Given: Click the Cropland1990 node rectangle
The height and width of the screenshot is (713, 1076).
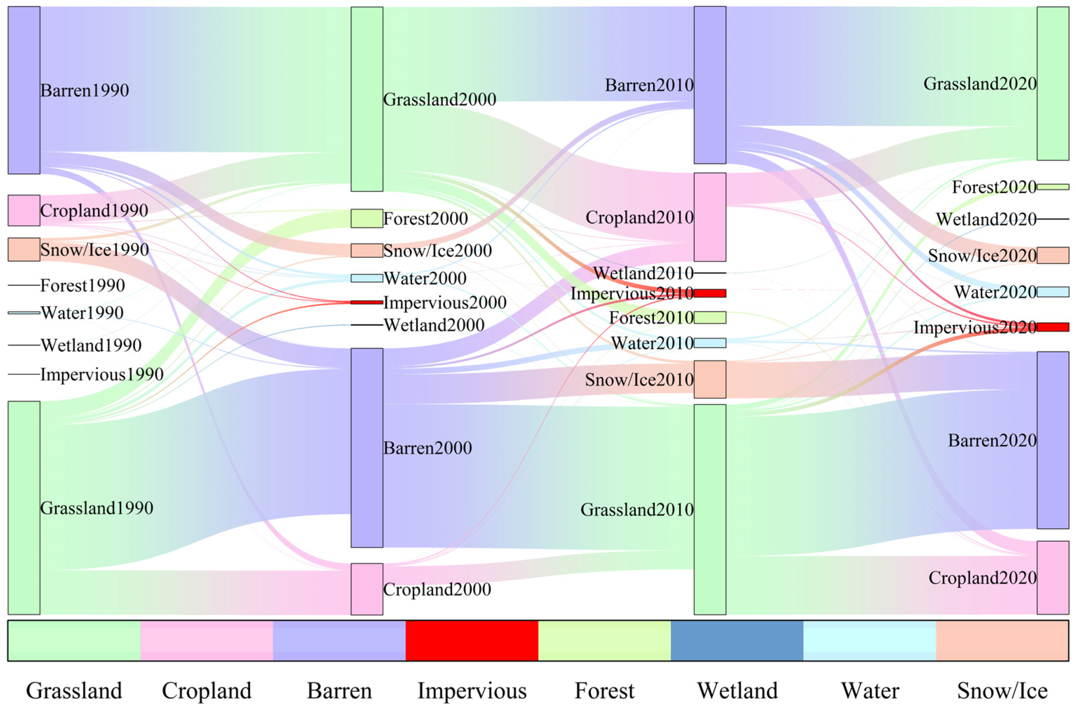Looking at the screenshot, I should tap(23, 210).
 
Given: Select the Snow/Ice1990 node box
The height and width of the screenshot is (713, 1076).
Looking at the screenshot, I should tap(23, 249).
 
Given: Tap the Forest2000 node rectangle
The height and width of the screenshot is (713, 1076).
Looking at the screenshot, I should tap(366, 218).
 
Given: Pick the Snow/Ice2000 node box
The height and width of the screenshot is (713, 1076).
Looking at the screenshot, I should tap(366, 250).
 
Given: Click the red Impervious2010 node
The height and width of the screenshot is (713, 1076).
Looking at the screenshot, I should tap(710, 293).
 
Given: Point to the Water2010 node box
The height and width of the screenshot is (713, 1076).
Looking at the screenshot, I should tap(710, 342).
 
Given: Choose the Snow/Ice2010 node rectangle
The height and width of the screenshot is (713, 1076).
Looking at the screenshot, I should tap(710, 379).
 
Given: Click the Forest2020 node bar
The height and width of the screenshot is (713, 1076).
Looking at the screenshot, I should tap(1053, 187).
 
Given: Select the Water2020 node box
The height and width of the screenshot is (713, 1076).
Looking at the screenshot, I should tap(1053, 292).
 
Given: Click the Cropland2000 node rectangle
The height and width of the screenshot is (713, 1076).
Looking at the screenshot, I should tap(366, 589).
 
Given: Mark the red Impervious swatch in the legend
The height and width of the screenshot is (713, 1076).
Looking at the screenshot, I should tap(471, 640).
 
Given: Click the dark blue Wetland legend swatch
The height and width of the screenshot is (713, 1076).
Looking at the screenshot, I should tap(736, 640).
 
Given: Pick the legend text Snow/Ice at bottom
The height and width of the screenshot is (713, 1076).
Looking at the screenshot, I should tap(1002, 691).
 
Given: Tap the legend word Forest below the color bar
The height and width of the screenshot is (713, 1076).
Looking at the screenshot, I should tap(604, 691).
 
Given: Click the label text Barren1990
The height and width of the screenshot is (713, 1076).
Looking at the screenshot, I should tap(84, 90).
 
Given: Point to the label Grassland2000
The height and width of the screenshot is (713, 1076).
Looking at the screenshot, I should tap(440, 99).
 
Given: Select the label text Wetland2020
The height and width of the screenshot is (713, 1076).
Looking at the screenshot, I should tap(986, 219).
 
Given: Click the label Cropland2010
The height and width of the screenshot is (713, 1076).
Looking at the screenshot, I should tap(639, 217).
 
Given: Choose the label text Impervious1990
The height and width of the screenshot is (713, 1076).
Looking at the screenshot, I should tap(102, 374).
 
